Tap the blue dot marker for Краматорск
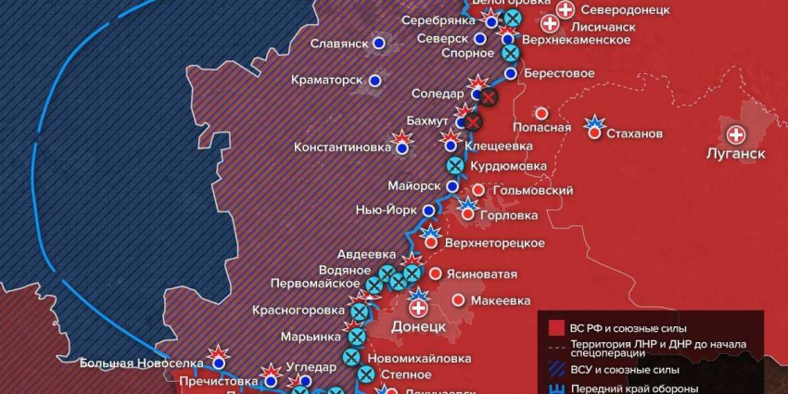point(375,81)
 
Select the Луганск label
point(735,153)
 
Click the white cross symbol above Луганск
point(737,133)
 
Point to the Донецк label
point(419,327)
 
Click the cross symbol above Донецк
point(419,308)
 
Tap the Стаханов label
point(635,133)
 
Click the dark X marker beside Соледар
point(489,96)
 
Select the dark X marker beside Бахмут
point(474,121)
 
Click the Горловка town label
point(509,214)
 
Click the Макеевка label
point(501,300)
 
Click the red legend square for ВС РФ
point(556,327)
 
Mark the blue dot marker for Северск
point(479,39)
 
